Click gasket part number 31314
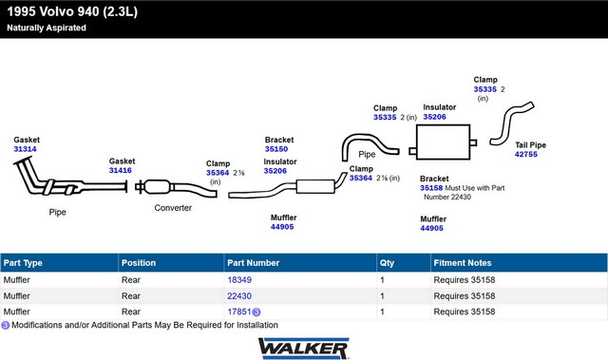[x=26, y=149]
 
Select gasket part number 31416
[x=121, y=171]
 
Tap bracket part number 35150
[x=276, y=149]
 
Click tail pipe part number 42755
[x=526, y=154]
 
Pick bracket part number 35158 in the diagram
[x=431, y=188]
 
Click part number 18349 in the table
[x=239, y=280]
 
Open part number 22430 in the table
[x=239, y=296]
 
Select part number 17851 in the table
[x=239, y=312]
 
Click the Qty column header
[x=387, y=263]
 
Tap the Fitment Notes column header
[x=463, y=263]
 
